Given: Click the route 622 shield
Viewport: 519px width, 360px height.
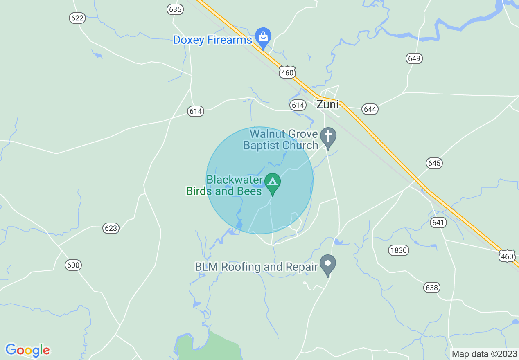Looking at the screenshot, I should tap(77, 18).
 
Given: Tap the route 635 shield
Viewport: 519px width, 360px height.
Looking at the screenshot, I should tap(175, 9).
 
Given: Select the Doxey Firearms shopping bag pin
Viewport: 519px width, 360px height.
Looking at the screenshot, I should tap(263, 37).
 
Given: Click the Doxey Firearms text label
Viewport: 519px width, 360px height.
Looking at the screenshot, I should tap(212, 40).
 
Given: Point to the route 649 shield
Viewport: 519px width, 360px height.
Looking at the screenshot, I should tap(414, 59).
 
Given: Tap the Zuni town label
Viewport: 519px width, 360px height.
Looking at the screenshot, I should tap(327, 105).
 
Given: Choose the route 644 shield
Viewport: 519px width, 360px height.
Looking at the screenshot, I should tap(370, 109).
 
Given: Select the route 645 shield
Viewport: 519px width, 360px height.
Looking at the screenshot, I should tap(434, 163).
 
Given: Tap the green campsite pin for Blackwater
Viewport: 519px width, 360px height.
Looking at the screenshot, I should tap(273, 183).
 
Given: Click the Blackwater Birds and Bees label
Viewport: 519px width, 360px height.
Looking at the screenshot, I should tap(224, 185).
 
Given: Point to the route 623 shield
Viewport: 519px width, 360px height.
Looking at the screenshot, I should tap(111, 228).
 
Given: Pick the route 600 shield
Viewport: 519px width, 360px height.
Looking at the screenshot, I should tap(73, 265).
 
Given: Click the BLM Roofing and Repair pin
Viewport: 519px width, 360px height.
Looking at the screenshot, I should tap(328, 264).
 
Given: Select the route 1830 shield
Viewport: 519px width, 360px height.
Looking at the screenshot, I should tap(398, 250).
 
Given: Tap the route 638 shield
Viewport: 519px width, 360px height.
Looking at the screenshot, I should tap(431, 288).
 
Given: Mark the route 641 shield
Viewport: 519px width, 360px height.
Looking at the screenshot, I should tap(438, 223).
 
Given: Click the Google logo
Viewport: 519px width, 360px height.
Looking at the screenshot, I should tap(27, 350).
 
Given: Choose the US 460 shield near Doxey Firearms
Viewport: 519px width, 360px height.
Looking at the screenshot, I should tap(287, 73).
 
